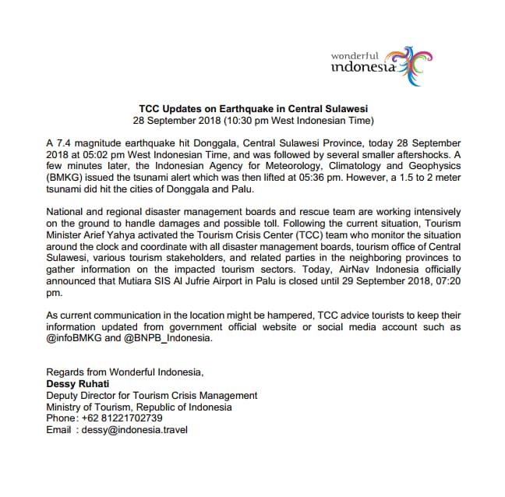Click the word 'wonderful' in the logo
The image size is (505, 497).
355,56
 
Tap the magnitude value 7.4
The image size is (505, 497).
66,145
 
